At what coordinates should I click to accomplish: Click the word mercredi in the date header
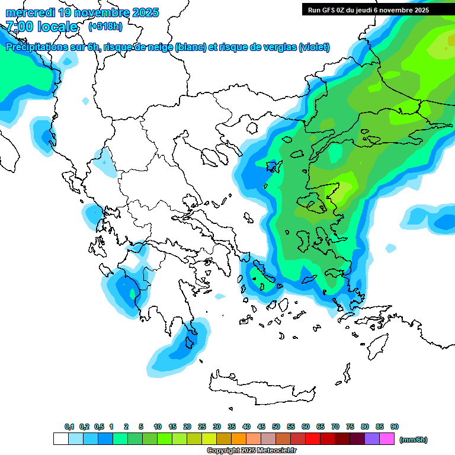(30, 12)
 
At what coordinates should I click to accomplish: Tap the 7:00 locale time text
(41, 27)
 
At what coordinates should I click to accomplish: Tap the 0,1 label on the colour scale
(69, 427)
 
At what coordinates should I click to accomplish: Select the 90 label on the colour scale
(395, 427)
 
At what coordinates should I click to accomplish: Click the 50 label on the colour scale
(276, 427)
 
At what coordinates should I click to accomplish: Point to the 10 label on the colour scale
(158, 427)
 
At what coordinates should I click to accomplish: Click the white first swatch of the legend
(60, 438)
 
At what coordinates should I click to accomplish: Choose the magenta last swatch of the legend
(387, 438)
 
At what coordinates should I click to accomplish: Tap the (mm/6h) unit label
(414, 440)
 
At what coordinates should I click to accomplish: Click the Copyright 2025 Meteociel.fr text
(251, 451)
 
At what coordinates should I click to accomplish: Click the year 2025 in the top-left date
(143, 12)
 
